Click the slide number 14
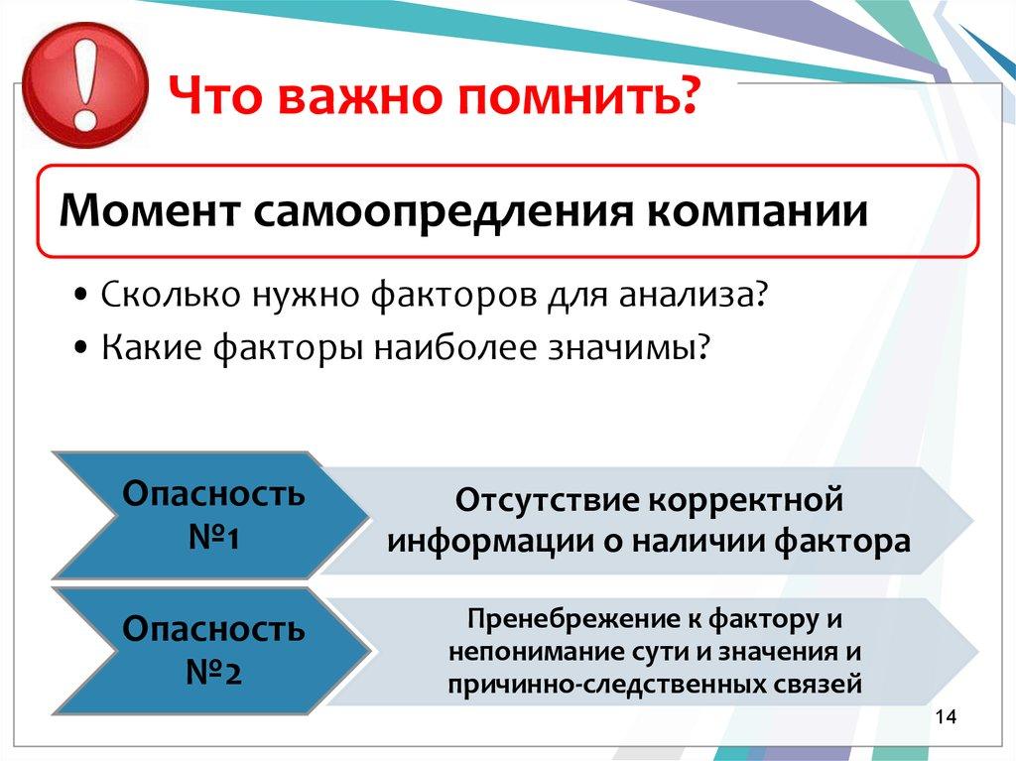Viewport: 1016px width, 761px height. point(943,717)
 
